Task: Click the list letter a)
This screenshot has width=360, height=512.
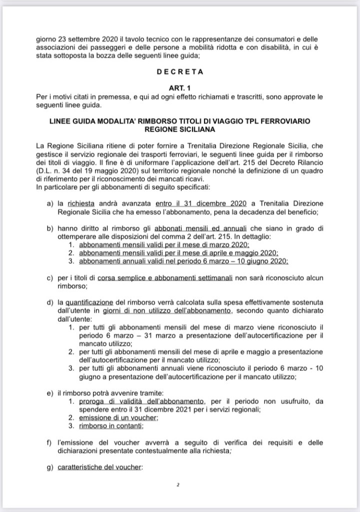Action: pos(49,204)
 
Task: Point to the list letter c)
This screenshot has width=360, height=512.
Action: pos(49,277)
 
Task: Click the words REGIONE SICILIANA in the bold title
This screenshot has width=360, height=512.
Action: pos(180,130)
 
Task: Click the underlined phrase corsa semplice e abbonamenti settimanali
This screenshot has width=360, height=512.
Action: pos(159,277)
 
